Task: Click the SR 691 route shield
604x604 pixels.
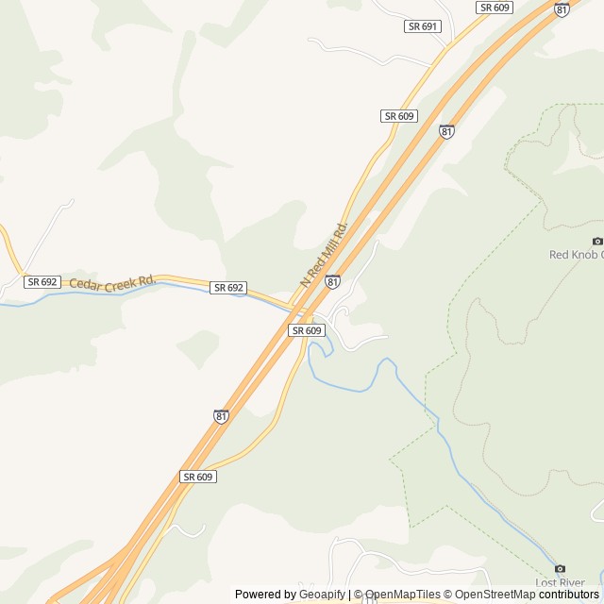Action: click(x=423, y=26)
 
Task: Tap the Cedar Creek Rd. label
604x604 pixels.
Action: click(x=111, y=282)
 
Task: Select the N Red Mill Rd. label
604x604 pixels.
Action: click(x=324, y=255)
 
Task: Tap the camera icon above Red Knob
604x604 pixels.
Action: click(x=596, y=241)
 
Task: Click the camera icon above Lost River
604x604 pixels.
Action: click(x=560, y=569)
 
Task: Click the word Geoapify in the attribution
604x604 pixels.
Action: click(x=322, y=595)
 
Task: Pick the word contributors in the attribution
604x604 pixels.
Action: click(x=568, y=595)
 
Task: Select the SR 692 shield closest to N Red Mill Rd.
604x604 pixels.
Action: click(x=228, y=288)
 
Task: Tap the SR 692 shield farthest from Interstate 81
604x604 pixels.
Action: click(x=43, y=282)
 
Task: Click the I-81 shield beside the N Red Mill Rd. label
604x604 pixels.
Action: click(x=332, y=281)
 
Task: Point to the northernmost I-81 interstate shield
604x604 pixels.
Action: click(x=562, y=9)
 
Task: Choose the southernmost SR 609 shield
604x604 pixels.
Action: click(x=198, y=477)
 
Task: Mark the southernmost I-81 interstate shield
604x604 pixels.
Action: click(x=221, y=416)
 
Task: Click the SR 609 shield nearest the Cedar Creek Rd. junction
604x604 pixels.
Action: click(x=307, y=330)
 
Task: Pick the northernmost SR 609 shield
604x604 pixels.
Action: click(x=495, y=8)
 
